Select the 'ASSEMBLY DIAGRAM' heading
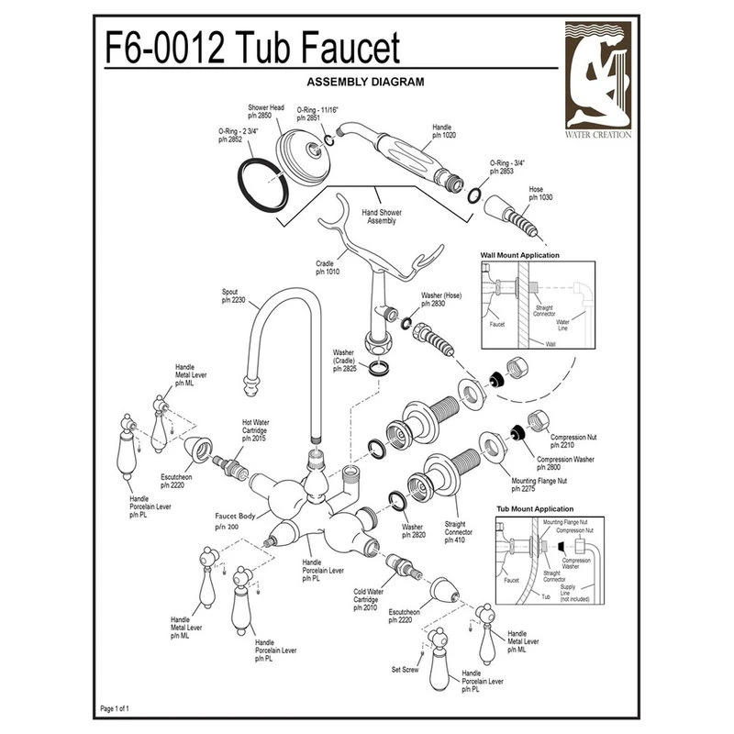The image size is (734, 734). (366, 81)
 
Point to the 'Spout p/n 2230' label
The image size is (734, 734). (231, 295)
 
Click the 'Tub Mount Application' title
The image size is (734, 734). (535, 508)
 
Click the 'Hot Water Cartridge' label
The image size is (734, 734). (255, 429)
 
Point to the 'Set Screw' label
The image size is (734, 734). (405, 669)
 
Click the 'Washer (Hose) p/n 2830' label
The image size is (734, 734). (439, 301)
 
